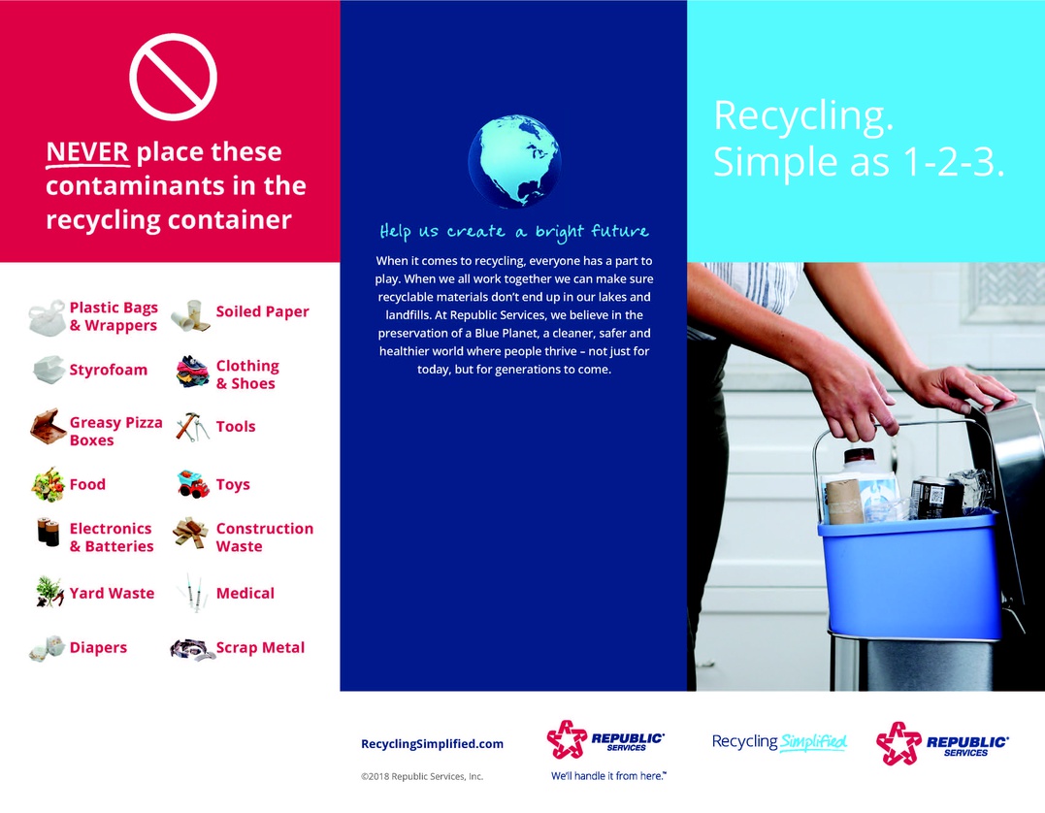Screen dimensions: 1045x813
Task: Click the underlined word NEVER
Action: point(87,152)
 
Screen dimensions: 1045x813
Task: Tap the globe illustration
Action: point(514,162)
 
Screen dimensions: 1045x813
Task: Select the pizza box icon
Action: point(48,427)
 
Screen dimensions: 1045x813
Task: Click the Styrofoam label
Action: point(109,370)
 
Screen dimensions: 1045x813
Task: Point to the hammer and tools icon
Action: point(193,427)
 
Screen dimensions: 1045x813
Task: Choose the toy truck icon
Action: point(193,484)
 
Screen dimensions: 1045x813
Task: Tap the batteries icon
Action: point(48,532)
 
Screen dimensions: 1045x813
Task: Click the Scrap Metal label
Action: point(260,648)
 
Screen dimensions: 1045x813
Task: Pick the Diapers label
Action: point(98,648)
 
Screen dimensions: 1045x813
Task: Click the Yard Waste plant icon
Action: point(49,592)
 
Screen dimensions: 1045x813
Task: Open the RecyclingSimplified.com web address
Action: point(433,744)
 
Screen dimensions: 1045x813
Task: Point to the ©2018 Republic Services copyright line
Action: point(422,776)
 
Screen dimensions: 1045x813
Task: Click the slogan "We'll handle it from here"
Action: point(608,776)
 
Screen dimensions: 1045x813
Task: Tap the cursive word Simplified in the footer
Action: point(813,742)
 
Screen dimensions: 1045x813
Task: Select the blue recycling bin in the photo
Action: point(910,574)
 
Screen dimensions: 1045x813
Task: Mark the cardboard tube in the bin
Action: point(844,502)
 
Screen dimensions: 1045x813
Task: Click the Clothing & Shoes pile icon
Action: point(193,372)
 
